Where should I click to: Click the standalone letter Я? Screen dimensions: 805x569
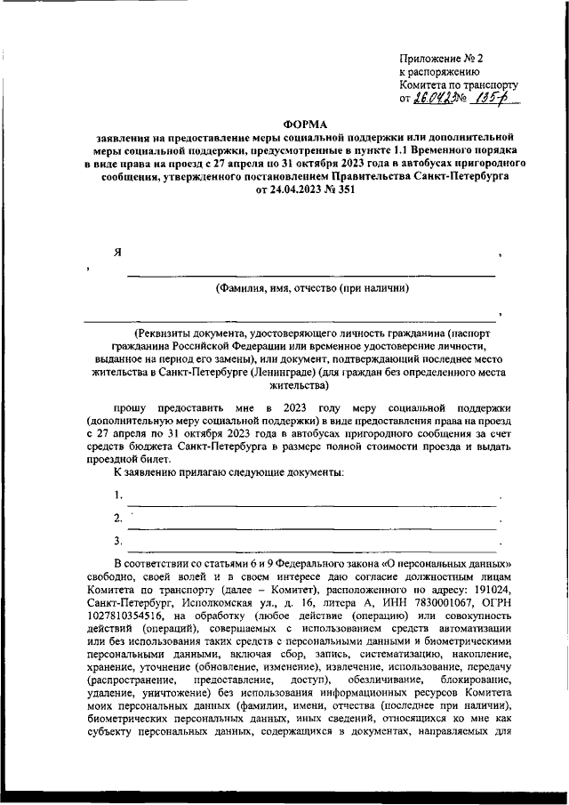[117, 252]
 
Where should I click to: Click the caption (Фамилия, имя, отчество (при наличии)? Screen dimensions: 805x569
[312, 288]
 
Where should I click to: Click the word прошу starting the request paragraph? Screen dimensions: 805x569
[136, 406]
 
